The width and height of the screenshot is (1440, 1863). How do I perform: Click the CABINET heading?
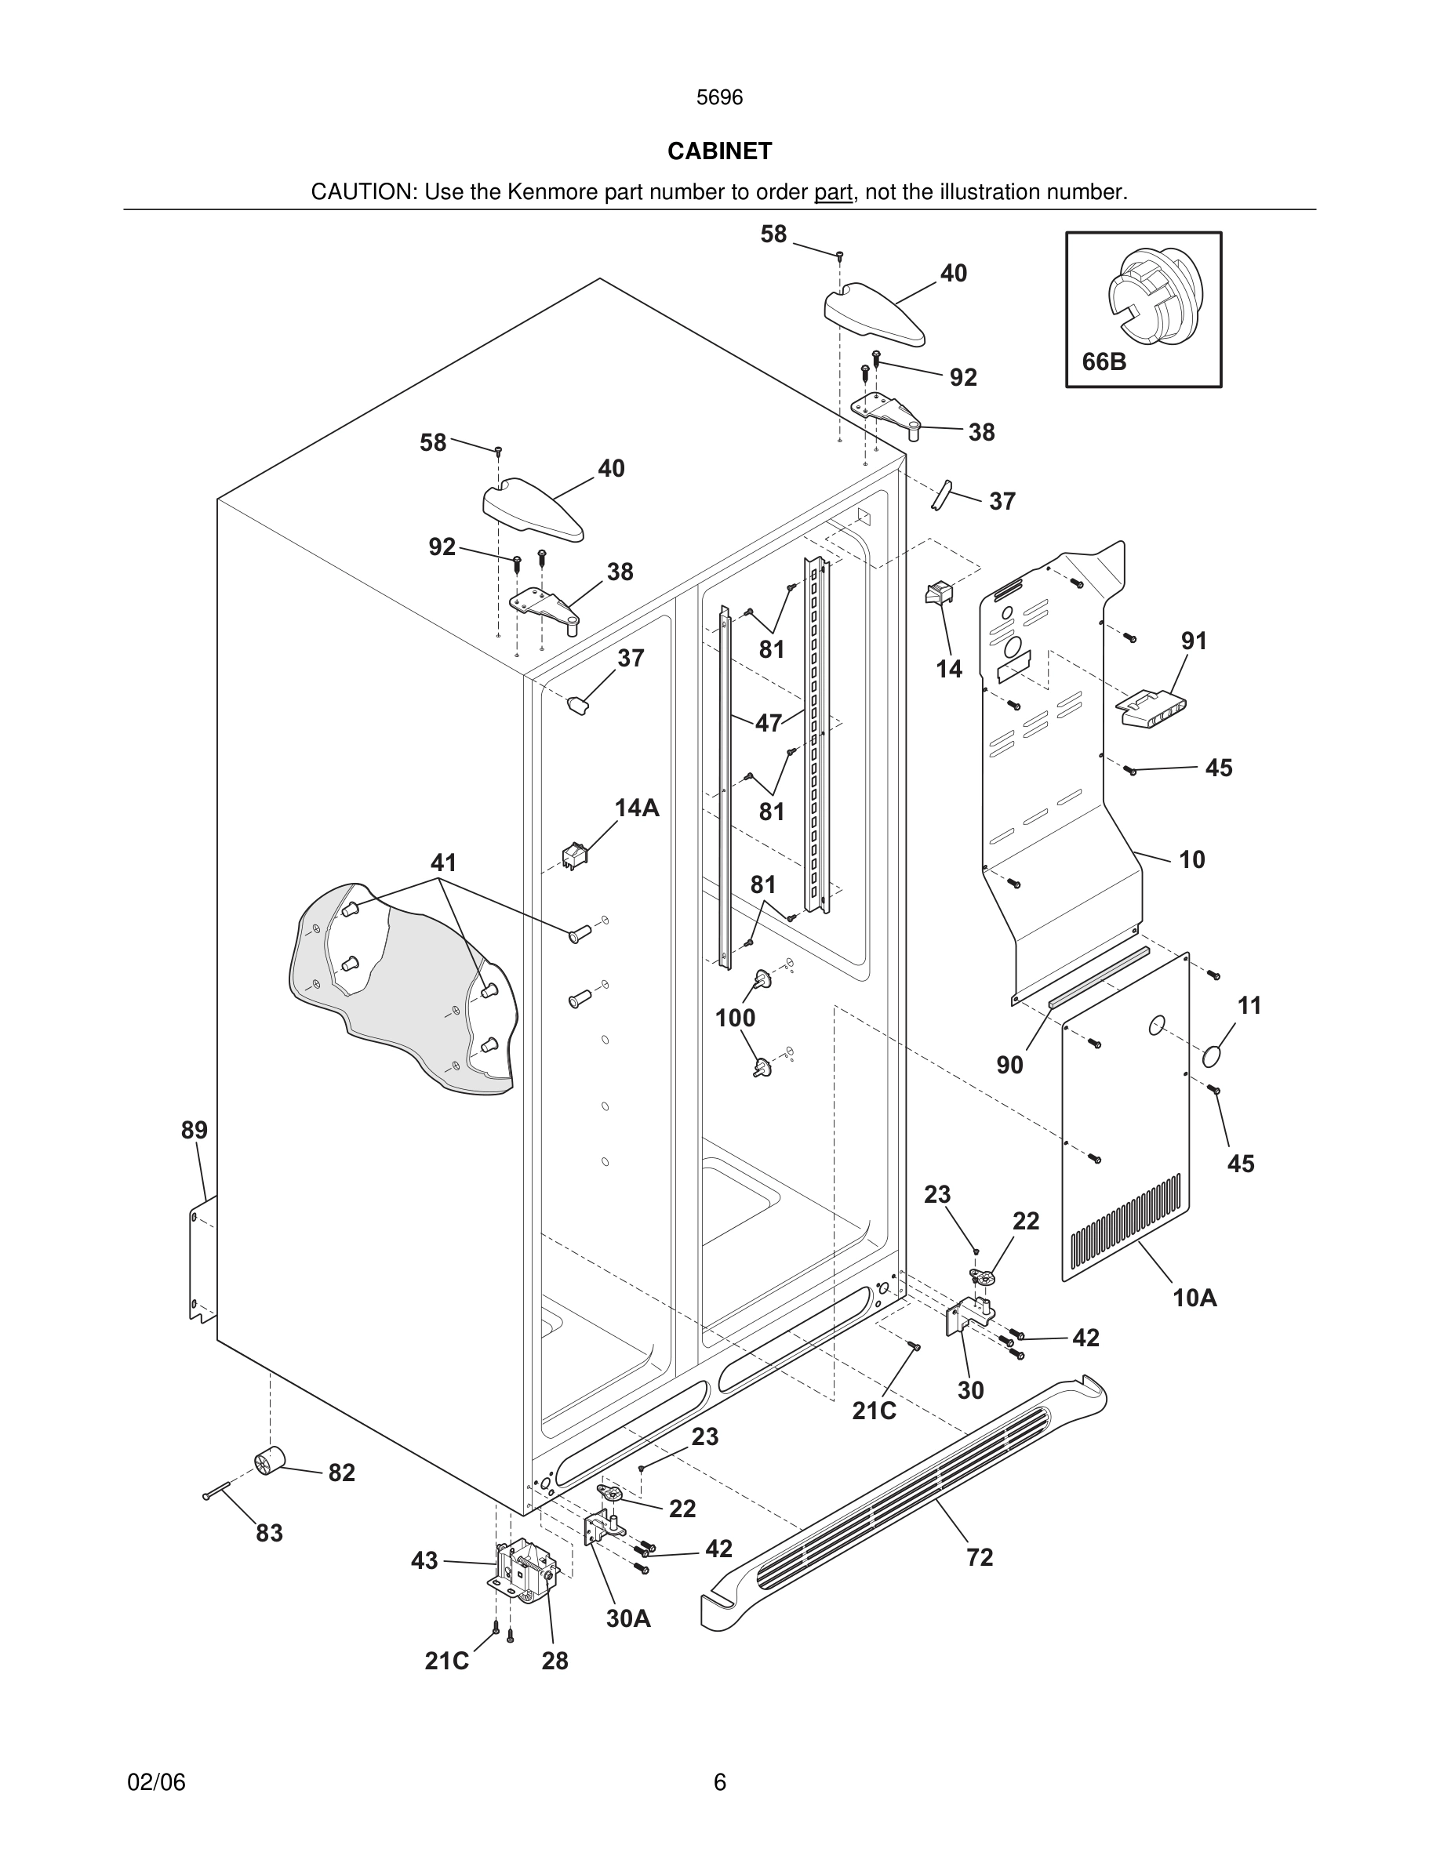click(719, 151)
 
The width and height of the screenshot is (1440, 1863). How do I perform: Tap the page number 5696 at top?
click(719, 98)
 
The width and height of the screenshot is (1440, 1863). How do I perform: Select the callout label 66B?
click(1104, 361)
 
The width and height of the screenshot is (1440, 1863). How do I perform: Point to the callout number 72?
click(980, 1558)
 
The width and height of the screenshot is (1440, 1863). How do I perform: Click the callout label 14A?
click(637, 808)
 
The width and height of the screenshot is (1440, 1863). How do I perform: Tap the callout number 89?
click(194, 1130)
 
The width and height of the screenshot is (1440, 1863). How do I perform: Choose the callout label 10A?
click(1195, 1298)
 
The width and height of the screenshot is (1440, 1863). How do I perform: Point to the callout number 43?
click(424, 1560)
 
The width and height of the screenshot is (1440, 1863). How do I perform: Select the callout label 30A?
click(628, 1619)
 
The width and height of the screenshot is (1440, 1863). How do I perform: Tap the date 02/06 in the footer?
click(156, 1783)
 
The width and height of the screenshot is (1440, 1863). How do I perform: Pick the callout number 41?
click(443, 863)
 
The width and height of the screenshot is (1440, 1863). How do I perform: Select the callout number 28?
click(555, 1661)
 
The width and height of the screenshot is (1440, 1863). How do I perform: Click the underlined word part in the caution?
click(833, 193)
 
